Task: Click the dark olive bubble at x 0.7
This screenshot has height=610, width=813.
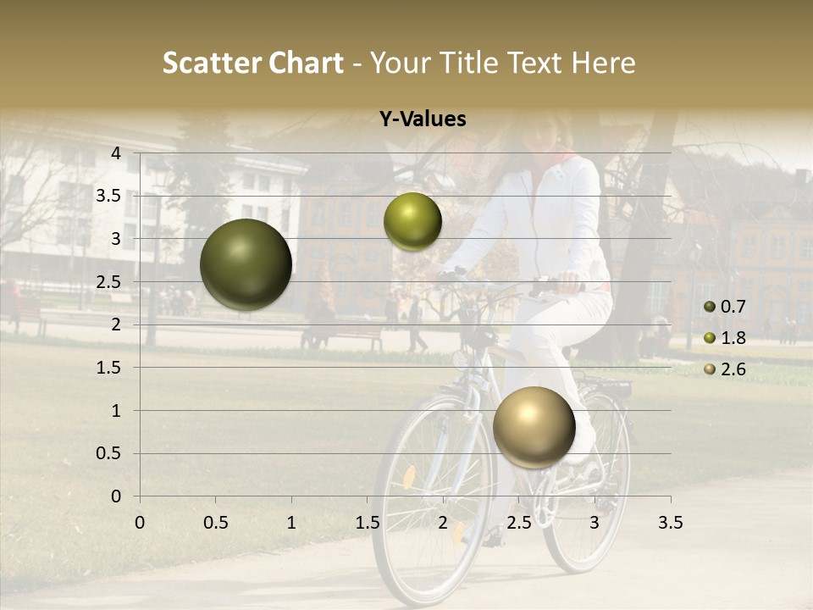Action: point(246,264)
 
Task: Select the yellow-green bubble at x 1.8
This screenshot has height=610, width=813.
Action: point(412,222)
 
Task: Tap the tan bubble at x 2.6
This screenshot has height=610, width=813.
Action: point(534,427)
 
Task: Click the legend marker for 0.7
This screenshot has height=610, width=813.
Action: point(709,307)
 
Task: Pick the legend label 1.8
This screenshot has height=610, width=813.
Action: point(733,338)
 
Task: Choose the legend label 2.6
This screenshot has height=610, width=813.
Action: point(733,369)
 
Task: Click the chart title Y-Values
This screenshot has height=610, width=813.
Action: point(423,119)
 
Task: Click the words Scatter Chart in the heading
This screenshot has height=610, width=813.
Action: point(253,63)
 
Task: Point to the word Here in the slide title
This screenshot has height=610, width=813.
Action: point(604,63)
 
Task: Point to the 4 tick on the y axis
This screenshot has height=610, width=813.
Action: point(116,153)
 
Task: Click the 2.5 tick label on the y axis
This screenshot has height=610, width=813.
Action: point(108,282)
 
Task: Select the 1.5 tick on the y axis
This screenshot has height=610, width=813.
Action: point(108,368)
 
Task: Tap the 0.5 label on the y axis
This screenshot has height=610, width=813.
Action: point(108,453)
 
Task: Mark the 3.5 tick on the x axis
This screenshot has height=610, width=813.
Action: point(670,523)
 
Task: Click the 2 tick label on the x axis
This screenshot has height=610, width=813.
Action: point(443,523)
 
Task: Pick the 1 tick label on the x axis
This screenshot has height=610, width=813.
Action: point(291,523)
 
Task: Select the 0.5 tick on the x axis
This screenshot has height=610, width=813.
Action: point(216,523)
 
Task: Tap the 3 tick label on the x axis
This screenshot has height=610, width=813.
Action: point(595,523)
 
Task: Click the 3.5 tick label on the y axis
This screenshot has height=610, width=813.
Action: point(108,196)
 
